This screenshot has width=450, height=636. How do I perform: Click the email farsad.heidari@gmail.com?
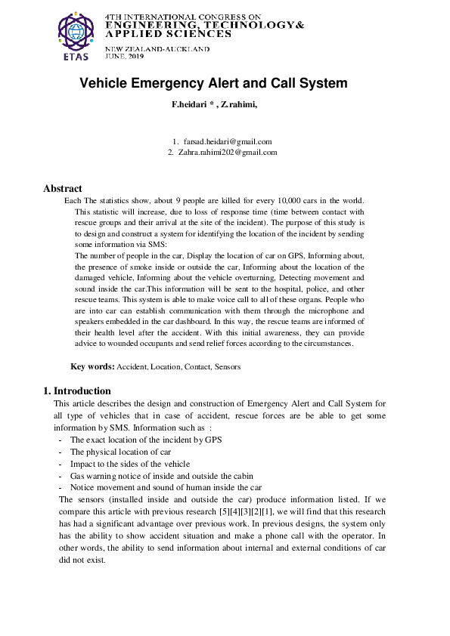[228, 141]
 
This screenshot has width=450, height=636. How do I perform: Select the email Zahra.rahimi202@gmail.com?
[228, 152]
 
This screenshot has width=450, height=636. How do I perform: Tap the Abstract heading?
[63, 188]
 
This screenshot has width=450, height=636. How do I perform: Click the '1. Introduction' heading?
[77, 391]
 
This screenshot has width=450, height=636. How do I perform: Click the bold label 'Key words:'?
[92, 366]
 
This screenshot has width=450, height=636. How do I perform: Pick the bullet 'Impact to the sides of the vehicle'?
[130, 463]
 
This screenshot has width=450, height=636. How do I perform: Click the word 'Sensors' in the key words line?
[227, 366]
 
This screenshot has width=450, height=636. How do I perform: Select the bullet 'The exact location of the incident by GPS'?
[145, 439]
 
